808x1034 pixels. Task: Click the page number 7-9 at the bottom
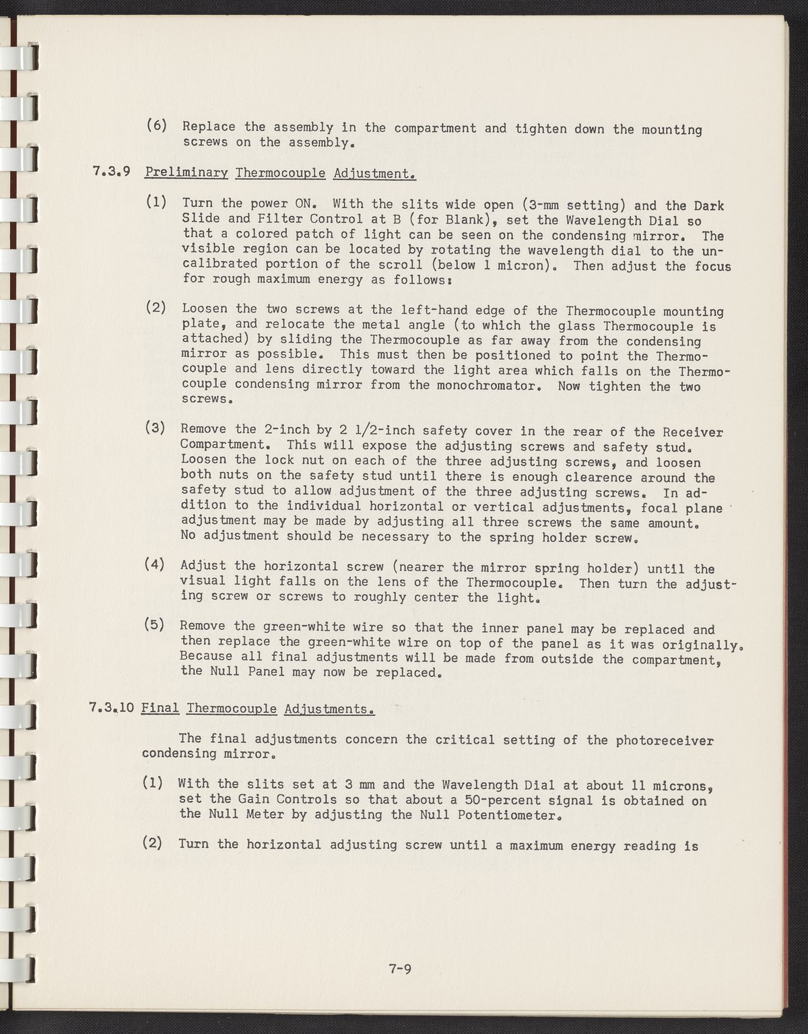point(399,971)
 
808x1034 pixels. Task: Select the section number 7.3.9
point(110,173)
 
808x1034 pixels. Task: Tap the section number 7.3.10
point(112,708)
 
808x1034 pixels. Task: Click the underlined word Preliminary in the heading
point(187,173)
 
